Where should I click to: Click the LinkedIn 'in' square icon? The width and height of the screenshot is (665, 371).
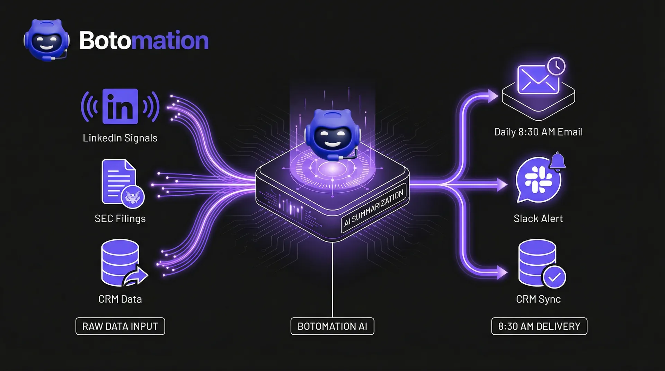tap(120, 106)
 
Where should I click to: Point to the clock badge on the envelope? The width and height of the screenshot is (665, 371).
tap(556, 65)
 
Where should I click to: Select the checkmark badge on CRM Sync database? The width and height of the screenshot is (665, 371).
tap(554, 277)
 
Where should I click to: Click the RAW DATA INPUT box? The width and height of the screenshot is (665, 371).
tap(120, 326)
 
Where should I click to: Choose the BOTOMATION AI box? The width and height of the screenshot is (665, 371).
tap(332, 326)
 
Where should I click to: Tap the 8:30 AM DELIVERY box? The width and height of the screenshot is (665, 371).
tap(539, 326)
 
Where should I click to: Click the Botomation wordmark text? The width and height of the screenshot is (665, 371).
tap(144, 41)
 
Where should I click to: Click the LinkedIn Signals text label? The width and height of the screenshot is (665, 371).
tap(120, 138)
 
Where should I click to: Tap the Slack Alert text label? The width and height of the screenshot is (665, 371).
tap(538, 219)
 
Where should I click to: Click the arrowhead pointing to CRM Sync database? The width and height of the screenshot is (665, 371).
tap(502, 273)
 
